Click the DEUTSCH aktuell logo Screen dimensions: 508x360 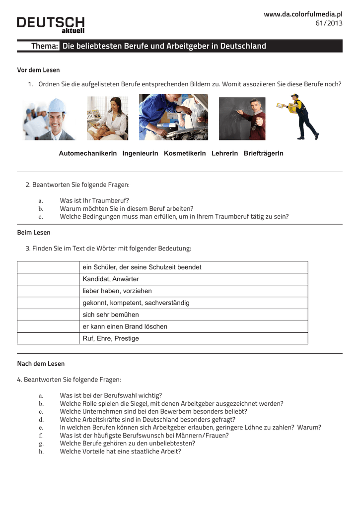[x=51, y=25]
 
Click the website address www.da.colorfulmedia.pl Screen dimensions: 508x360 [x=303, y=14]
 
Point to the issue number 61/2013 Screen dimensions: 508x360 [x=329, y=23]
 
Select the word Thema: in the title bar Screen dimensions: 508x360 [x=45, y=46]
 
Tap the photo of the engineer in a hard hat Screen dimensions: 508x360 [x=50, y=119]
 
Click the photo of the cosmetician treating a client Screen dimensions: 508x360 [x=107, y=118]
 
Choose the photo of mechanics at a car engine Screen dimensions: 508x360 [x=173, y=117]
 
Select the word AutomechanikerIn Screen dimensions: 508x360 [x=88, y=154]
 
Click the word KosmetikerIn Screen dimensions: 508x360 [x=185, y=154]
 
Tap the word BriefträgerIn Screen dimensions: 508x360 [x=263, y=154]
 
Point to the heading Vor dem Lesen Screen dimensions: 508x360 [x=38, y=70]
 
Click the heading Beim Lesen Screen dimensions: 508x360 [x=34, y=232]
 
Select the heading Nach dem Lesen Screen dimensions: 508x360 [x=41, y=364]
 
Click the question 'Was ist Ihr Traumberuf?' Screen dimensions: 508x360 [x=94, y=200]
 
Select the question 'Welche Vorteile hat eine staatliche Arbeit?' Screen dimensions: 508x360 [x=120, y=451]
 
